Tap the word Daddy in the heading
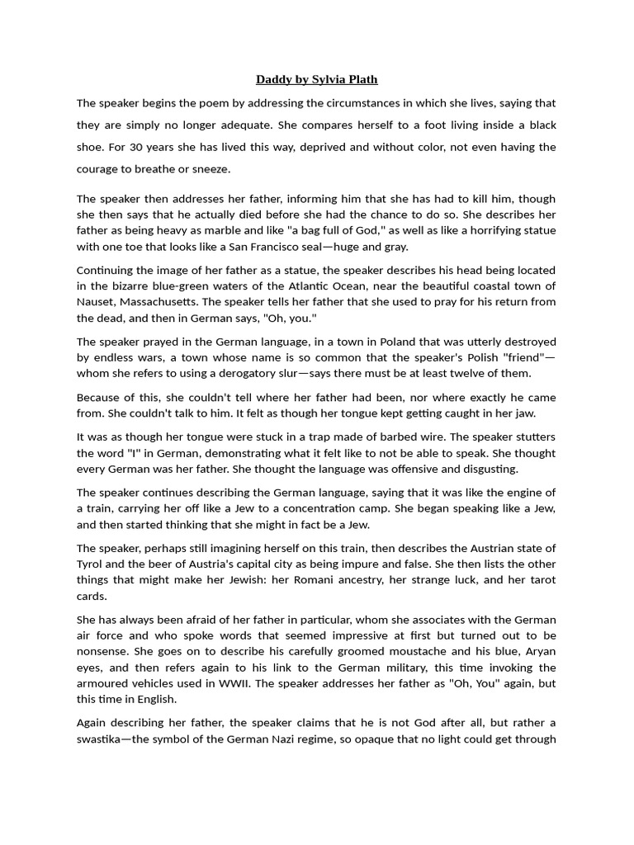pyautogui.click(x=272, y=79)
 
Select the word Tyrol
pyautogui.click(x=92, y=564)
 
